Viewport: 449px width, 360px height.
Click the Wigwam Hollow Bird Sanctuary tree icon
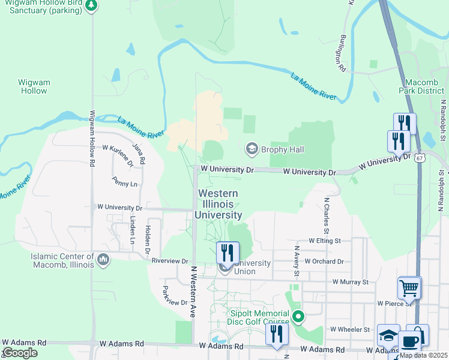click(x=91, y=5)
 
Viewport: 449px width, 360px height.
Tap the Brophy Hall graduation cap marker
click(x=252, y=149)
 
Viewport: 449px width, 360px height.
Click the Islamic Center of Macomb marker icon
click(x=103, y=259)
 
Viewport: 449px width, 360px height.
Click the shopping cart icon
click(x=409, y=287)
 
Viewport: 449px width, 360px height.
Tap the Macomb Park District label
click(x=421, y=86)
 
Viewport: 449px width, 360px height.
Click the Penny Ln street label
click(x=124, y=181)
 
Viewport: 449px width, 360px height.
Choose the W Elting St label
click(x=324, y=241)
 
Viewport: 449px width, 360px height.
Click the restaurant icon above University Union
click(x=227, y=252)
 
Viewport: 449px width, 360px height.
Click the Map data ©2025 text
click(x=423, y=355)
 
